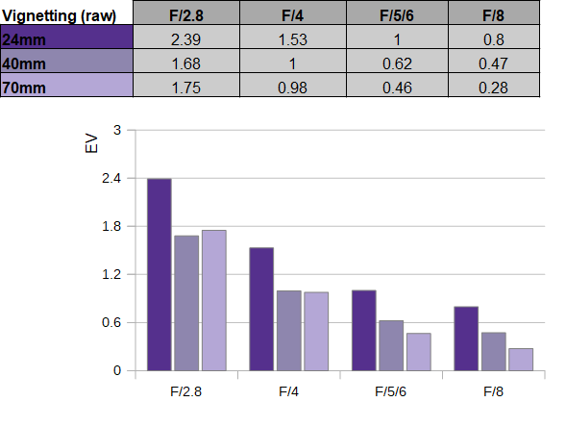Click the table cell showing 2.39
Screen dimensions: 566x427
tap(185, 39)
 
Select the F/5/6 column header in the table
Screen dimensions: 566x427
tap(397, 15)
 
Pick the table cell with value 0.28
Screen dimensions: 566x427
tap(493, 88)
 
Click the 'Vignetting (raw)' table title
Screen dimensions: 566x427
tap(59, 15)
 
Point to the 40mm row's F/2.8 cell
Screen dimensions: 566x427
tap(185, 63)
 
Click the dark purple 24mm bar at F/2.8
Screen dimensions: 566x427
tap(160, 274)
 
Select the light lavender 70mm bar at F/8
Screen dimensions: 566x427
tap(521, 360)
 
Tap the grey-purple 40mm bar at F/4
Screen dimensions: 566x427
tap(289, 331)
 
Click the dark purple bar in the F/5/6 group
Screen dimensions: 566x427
tap(364, 330)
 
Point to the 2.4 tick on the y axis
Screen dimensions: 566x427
tap(111, 178)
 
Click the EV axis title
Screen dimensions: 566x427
tap(91, 143)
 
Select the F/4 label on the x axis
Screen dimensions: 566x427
tap(289, 391)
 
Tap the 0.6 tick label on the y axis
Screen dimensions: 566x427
tap(111, 322)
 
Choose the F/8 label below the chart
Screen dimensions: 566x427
tap(493, 391)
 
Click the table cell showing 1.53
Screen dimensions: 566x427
tap(293, 39)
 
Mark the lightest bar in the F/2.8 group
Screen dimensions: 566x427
tap(214, 300)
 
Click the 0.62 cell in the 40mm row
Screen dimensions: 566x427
tap(397, 63)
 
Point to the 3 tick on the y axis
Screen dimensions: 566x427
tap(117, 130)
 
